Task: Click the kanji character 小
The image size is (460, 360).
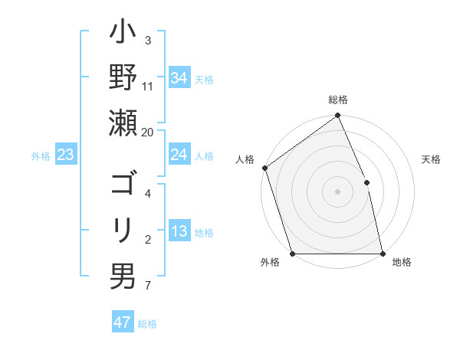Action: [x=122, y=37]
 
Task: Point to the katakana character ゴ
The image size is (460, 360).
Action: [x=122, y=185]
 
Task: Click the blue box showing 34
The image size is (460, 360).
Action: [x=179, y=78]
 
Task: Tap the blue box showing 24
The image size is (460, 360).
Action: [x=179, y=155]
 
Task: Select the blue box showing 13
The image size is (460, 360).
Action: [x=179, y=231]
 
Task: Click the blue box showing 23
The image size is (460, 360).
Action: [x=66, y=155]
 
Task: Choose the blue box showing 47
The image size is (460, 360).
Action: [x=123, y=322]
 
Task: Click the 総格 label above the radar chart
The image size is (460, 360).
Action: [x=338, y=100]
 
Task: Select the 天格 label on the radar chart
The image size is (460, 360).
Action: [x=431, y=160]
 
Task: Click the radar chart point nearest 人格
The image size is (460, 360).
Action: [x=264, y=168]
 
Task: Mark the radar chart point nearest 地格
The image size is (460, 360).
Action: [x=383, y=254]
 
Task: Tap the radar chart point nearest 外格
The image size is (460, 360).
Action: [x=293, y=254]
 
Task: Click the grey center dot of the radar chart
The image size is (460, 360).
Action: [x=337, y=191]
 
